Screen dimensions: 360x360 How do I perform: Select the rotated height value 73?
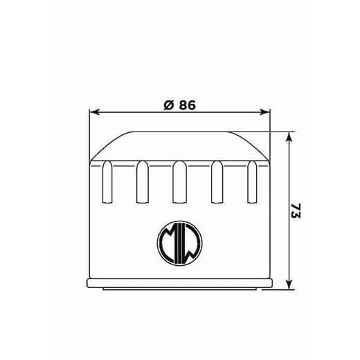[x=296, y=211]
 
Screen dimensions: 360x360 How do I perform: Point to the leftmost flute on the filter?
[x=107, y=181]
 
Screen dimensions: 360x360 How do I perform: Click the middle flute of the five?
[x=179, y=181]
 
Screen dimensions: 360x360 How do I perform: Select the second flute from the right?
[x=217, y=181]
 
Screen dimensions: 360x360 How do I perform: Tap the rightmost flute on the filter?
[x=252, y=181]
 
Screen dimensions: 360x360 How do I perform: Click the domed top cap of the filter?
[x=179, y=145]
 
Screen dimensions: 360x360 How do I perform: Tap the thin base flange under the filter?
[x=179, y=285]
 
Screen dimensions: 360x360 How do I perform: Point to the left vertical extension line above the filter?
[x=91, y=135]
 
